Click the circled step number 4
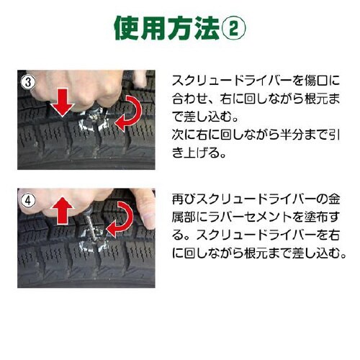click(27, 197)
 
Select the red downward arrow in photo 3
click(63, 104)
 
